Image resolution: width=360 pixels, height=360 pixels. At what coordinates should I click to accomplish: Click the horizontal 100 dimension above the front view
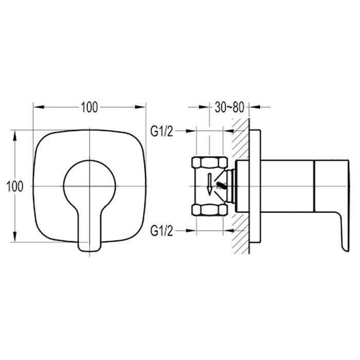[x=89, y=107]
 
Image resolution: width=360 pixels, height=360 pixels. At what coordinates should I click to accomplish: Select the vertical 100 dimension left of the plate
[x=15, y=186]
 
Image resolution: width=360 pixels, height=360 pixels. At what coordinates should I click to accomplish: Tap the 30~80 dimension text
[x=229, y=107]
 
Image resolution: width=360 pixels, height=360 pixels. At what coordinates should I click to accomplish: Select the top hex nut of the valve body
[x=209, y=164]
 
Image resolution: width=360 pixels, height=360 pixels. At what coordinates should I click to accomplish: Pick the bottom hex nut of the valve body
[x=209, y=209]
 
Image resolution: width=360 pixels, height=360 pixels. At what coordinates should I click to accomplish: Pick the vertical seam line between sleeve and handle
[x=313, y=186]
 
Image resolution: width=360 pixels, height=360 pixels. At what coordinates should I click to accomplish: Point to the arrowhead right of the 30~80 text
[x=254, y=107]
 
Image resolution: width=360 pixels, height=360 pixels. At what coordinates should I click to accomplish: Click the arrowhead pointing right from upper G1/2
[x=192, y=132]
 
